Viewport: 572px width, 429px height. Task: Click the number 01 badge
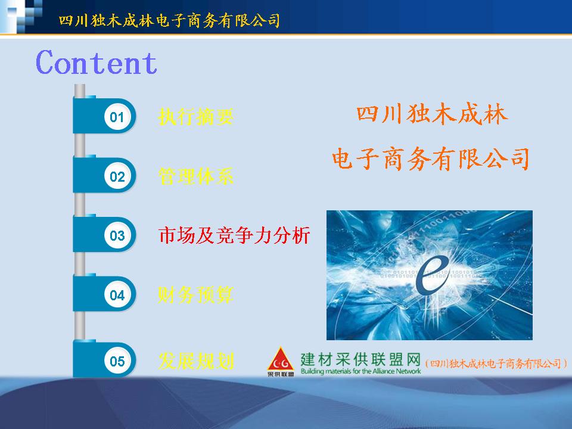(x=117, y=117)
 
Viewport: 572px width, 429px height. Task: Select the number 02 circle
(x=117, y=176)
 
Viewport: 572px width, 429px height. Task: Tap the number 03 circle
(x=117, y=236)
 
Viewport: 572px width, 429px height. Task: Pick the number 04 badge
(x=117, y=295)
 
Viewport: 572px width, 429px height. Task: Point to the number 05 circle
(x=117, y=361)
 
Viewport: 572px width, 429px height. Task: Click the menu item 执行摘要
(x=196, y=117)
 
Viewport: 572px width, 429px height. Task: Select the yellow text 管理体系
(x=196, y=176)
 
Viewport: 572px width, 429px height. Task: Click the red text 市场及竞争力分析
(x=234, y=235)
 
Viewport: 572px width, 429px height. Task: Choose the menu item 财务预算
(x=196, y=295)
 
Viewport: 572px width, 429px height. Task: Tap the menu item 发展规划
(x=196, y=361)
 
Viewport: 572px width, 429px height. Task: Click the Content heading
(x=97, y=63)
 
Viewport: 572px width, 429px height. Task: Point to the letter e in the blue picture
(x=433, y=274)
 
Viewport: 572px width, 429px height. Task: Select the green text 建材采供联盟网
(x=360, y=360)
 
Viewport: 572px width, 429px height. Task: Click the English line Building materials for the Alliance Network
(x=360, y=371)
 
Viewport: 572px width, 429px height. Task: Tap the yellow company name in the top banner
(x=169, y=20)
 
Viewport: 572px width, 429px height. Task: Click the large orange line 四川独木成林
(x=432, y=114)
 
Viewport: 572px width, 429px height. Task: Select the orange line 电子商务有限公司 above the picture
(x=430, y=159)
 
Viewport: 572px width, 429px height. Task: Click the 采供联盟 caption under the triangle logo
(x=281, y=374)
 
